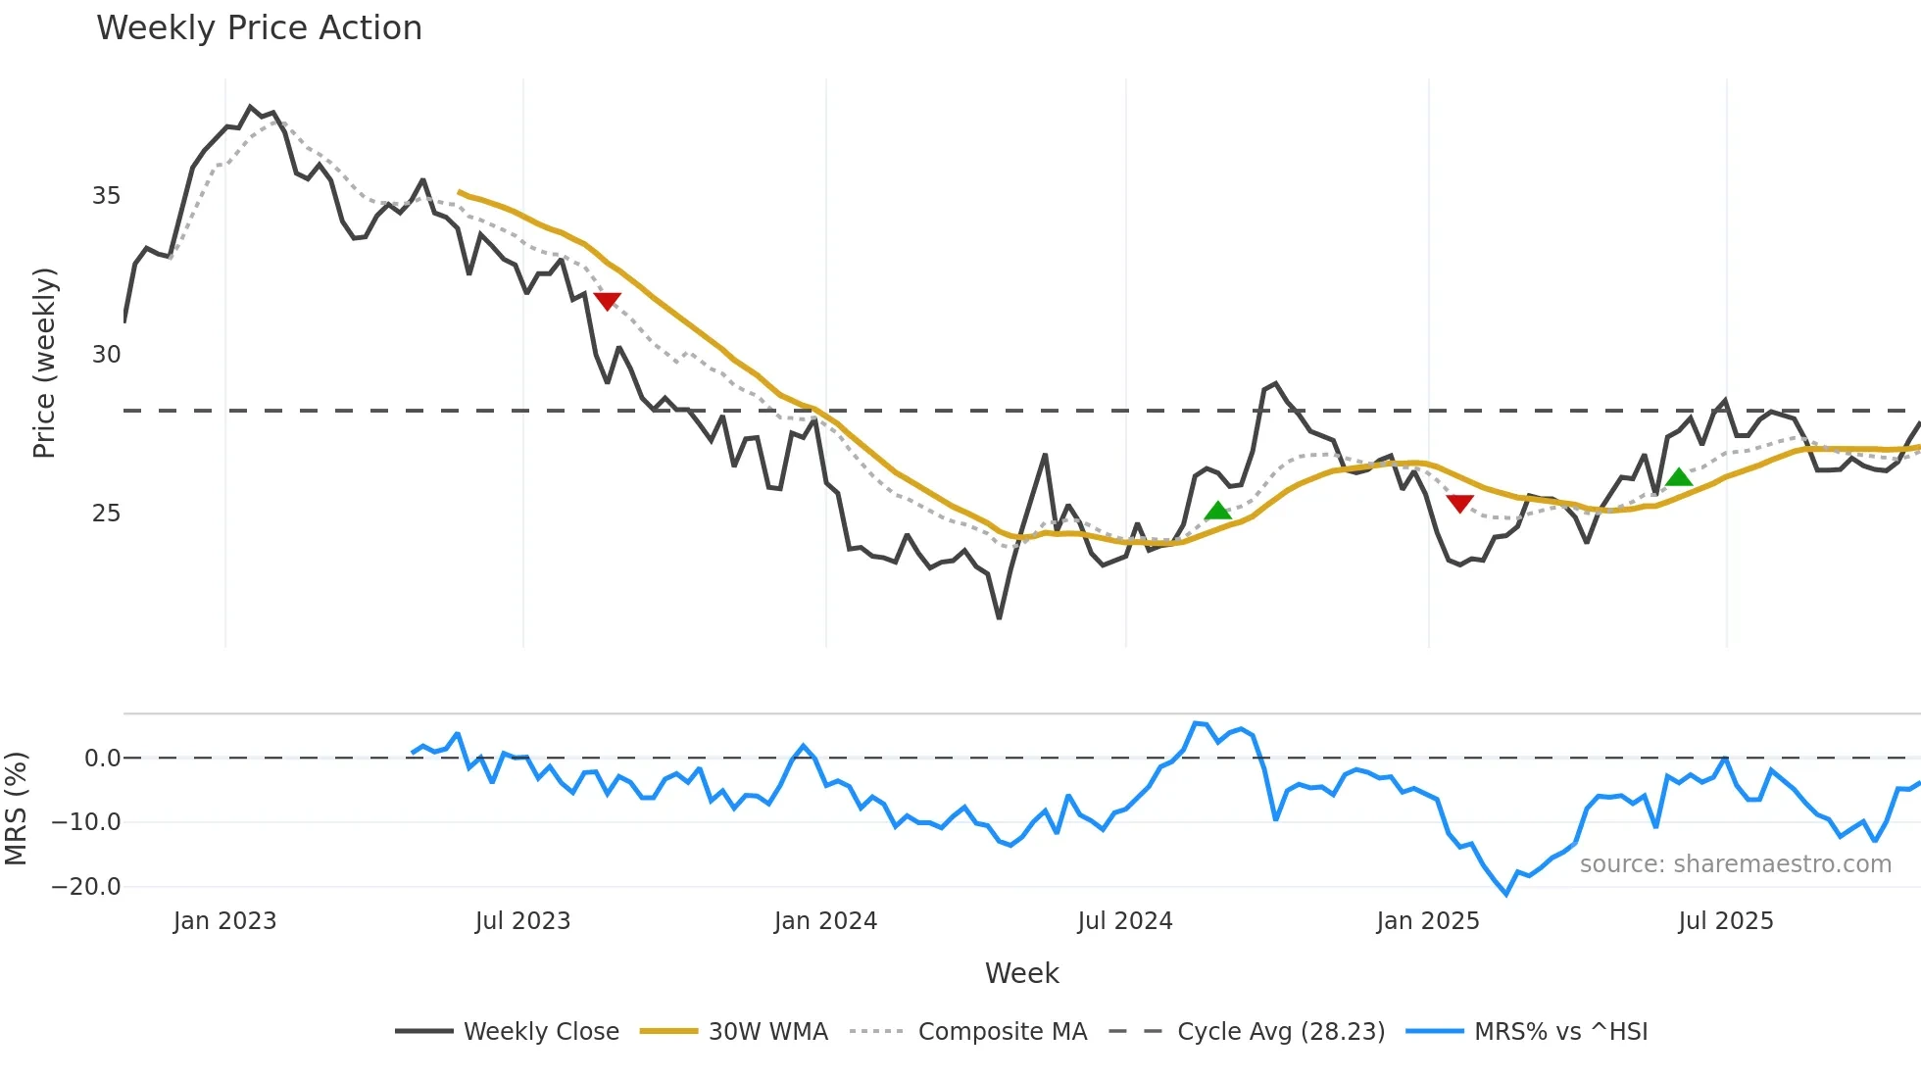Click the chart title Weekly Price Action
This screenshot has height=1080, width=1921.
click(259, 28)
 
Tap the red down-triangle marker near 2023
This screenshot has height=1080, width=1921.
click(607, 301)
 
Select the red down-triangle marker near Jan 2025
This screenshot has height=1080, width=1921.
click(1459, 504)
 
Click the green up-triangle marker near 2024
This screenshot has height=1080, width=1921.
click(1217, 511)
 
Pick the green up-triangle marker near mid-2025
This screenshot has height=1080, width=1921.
click(1679, 478)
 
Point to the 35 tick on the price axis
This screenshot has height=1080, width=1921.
click(106, 196)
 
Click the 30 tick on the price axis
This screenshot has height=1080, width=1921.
click(106, 355)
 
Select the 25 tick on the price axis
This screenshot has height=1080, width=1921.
click(106, 514)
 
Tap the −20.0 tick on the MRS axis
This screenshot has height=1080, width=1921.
click(86, 887)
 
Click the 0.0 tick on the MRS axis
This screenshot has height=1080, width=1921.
click(102, 759)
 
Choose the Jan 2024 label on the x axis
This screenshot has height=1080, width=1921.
click(825, 921)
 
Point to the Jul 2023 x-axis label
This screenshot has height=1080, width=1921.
click(522, 921)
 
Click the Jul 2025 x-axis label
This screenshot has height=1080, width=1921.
click(1725, 921)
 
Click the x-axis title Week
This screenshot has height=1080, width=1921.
click(1021, 973)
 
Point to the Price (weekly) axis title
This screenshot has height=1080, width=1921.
click(44, 363)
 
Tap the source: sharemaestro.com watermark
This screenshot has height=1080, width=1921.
click(1735, 864)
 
